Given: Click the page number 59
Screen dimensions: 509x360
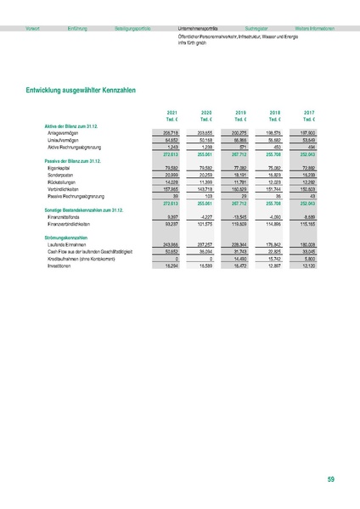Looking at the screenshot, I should pyautogui.click(x=330, y=480).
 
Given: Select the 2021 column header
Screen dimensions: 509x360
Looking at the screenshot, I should pyautogui.click(x=172, y=112).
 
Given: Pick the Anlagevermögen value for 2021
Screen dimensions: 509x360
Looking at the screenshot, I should pyautogui.click(x=170, y=132).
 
